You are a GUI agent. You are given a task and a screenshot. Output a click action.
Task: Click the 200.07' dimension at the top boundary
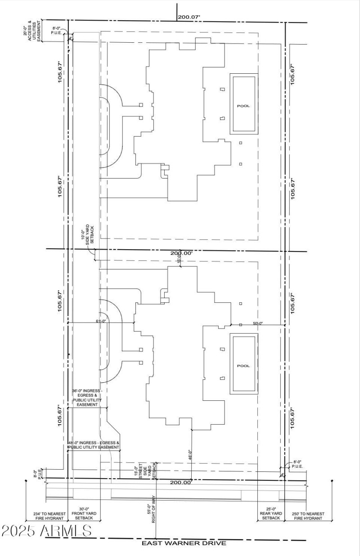pyautogui.click(x=189, y=17)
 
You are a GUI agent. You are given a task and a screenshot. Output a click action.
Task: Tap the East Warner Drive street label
pyautogui.click(x=184, y=543)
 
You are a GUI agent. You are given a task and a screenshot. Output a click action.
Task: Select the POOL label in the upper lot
pyautogui.click(x=243, y=106)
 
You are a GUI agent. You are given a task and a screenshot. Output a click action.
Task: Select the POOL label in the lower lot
pyautogui.click(x=243, y=366)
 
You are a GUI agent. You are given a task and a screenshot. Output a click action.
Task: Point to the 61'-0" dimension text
pyautogui.click(x=101, y=321)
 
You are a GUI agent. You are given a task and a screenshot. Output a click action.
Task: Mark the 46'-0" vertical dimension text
pyautogui.click(x=190, y=455)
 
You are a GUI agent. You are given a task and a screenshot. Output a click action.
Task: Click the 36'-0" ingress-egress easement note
pyautogui.click(x=87, y=398)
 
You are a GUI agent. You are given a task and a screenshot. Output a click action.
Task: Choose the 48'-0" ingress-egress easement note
pyautogui.click(x=94, y=445)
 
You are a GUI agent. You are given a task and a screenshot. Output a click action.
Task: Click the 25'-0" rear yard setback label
pyautogui.click(x=270, y=516)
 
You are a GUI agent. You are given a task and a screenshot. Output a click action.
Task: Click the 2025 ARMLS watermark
pyautogui.click(x=47, y=531)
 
